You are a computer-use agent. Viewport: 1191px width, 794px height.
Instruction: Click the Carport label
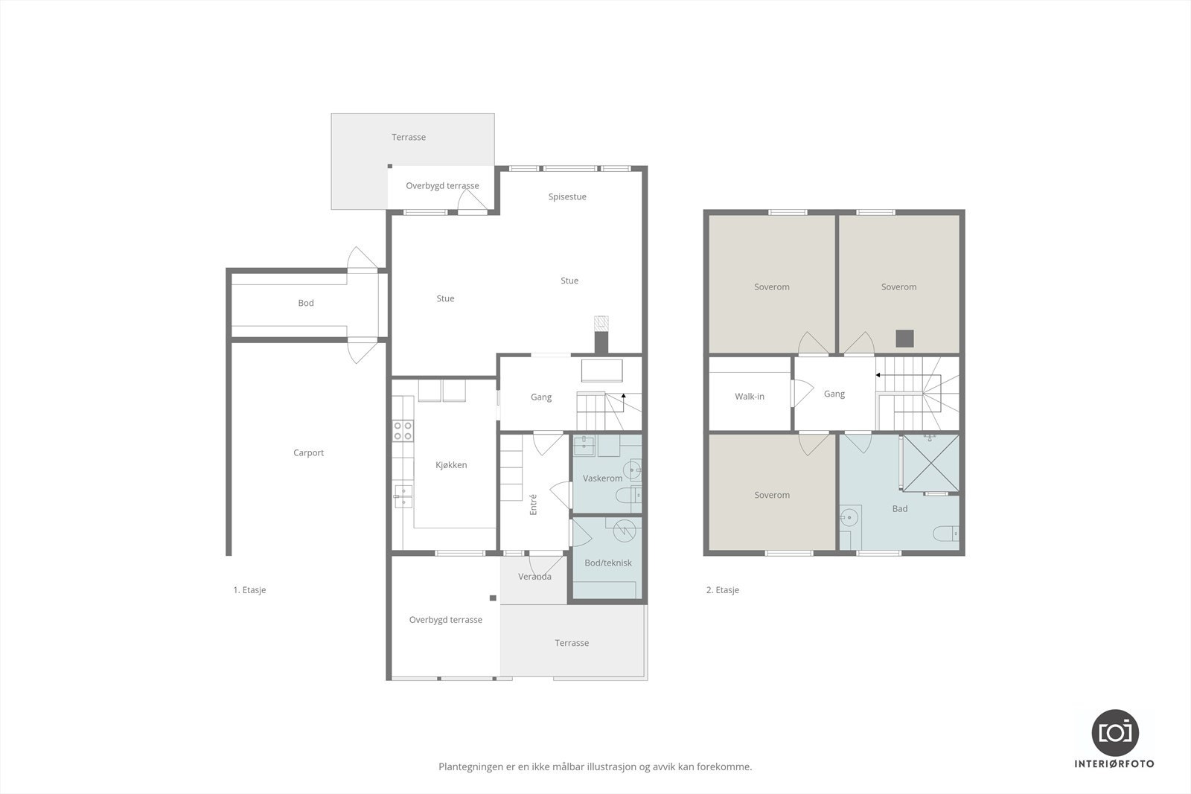point(308,452)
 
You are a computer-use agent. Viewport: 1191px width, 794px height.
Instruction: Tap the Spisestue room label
point(567,196)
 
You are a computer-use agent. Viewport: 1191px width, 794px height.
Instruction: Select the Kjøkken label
point(451,465)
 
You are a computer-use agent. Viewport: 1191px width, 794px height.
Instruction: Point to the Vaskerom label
point(602,478)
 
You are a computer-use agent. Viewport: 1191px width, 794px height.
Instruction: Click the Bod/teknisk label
point(607,563)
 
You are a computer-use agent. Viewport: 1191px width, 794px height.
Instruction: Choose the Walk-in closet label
point(749,397)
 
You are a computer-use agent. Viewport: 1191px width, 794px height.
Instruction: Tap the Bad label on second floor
point(900,508)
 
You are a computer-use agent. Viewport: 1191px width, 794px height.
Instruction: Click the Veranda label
point(534,577)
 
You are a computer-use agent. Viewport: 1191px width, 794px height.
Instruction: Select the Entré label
point(533,505)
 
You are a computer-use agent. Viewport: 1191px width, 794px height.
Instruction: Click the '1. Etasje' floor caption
point(249,590)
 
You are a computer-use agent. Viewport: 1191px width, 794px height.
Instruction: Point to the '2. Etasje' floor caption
point(723,590)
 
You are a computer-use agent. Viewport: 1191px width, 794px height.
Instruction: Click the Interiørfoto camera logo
point(1114,734)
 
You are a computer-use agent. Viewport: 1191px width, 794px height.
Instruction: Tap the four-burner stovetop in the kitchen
point(403,431)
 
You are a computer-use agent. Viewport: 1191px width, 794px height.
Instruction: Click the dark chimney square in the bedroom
point(904,339)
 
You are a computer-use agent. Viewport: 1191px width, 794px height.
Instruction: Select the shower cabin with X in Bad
point(930,464)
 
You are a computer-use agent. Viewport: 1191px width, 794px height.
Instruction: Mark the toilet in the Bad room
point(946,533)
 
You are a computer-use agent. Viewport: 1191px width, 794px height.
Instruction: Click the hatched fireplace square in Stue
point(601,323)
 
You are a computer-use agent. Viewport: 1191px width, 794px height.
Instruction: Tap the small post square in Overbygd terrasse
point(493,598)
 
